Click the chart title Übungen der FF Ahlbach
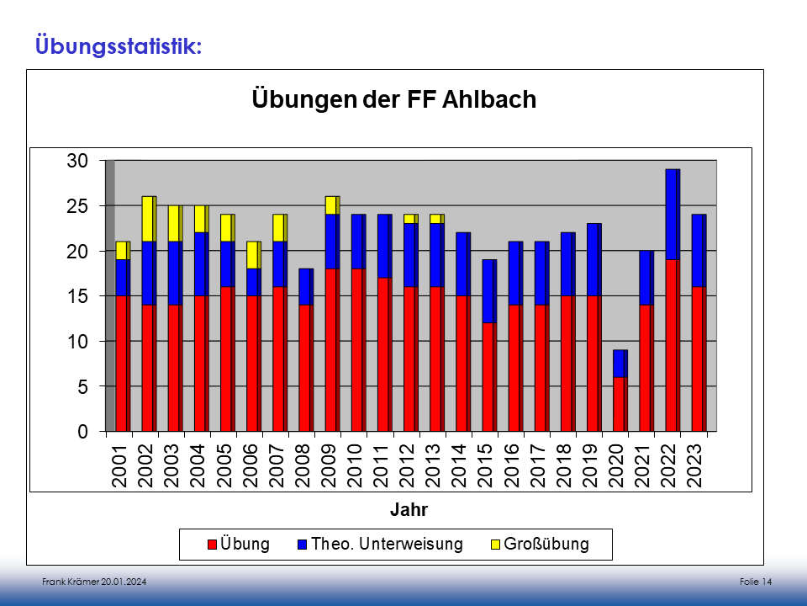[x=394, y=100]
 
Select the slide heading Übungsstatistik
[x=118, y=45]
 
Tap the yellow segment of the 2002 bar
[x=148, y=218]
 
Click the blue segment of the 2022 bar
[x=671, y=214]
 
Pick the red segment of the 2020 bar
[x=619, y=404]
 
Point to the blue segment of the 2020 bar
[x=619, y=363]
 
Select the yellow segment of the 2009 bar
[x=331, y=205]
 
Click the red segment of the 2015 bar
[x=488, y=377]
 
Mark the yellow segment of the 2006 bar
[x=252, y=255]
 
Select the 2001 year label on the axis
[x=119, y=465]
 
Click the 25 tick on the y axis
[x=77, y=206]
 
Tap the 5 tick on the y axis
[x=82, y=387]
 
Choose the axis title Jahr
[x=409, y=510]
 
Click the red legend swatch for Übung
[x=213, y=545]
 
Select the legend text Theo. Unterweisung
[x=387, y=544]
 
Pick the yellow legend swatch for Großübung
[x=496, y=545]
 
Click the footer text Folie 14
[x=756, y=582]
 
